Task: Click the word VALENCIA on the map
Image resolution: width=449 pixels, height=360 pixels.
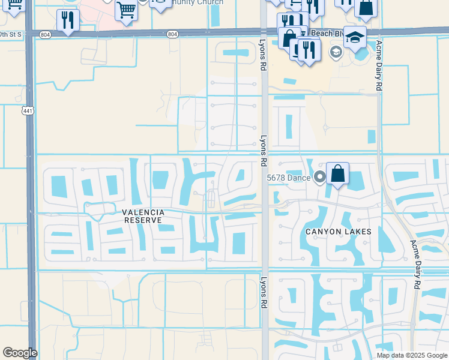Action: coord(143,212)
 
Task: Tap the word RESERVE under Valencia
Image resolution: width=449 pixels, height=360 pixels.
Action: coord(143,220)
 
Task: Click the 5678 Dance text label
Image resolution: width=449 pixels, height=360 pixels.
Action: coord(289,178)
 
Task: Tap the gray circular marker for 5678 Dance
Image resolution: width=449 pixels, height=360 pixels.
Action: coord(319,177)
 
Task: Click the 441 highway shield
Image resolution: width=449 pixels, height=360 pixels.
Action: coord(27,111)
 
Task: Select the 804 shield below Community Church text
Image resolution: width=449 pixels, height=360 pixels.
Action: coord(173,34)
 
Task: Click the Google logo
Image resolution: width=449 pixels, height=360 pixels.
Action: coord(20,353)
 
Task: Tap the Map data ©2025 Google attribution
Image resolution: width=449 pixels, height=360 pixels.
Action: coord(412,355)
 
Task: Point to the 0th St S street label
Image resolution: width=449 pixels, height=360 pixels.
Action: coord(11,34)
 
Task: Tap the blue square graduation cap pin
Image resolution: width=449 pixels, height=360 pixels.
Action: coord(355,37)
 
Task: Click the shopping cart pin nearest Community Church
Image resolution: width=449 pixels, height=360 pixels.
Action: coord(127,9)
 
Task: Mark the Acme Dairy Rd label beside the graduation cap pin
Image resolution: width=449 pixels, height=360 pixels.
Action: coord(379,66)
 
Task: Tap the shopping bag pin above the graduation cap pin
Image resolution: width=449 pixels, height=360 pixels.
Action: coord(366,7)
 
